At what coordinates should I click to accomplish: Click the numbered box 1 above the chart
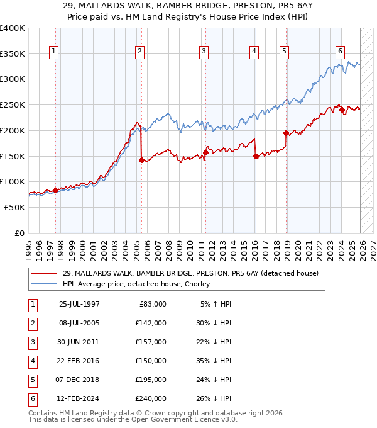(x=55, y=52)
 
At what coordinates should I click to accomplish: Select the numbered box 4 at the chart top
(x=254, y=52)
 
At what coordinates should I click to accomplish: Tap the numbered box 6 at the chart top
(x=340, y=52)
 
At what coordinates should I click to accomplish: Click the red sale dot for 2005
(x=141, y=160)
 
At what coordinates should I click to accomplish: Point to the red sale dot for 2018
(x=286, y=133)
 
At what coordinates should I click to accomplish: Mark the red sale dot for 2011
(x=205, y=152)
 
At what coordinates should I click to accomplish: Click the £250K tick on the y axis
(x=13, y=105)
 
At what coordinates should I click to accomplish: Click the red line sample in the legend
(x=45, y=273)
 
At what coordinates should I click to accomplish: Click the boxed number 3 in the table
(x=30, y=342)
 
